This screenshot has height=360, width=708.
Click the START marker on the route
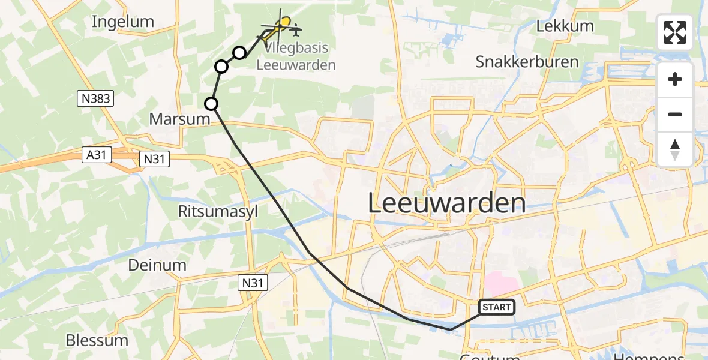497,307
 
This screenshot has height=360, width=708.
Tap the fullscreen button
675,32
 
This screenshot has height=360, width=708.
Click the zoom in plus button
675,80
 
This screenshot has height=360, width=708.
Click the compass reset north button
675,149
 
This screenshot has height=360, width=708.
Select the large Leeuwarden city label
446,203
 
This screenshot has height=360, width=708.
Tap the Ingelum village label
123,22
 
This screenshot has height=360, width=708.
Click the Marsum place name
179,119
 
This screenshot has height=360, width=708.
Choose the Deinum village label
157,265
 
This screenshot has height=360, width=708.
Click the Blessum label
97,340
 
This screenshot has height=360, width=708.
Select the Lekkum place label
565,26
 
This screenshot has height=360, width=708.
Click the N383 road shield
95,98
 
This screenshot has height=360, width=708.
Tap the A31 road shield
97,155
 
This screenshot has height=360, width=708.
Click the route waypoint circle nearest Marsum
211,104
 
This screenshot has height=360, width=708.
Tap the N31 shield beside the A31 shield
155,159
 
